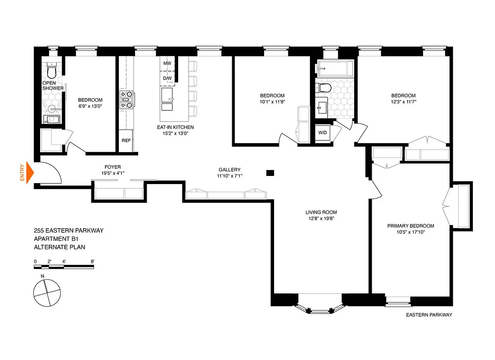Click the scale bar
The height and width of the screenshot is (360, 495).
click(x=64, y=267)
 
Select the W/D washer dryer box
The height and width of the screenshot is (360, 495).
click(x=323, y=133)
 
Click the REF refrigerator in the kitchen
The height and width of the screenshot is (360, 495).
click(x=126, y=140)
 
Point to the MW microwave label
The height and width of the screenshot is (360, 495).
click(x=167, y=64)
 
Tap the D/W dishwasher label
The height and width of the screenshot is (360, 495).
click(x=167, y=78)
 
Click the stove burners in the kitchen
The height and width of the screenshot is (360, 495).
click(x=126, y=100)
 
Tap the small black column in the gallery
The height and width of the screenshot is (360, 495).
click(x=270, y=172)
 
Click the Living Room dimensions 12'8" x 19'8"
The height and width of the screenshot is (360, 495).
click(x=321, y=219)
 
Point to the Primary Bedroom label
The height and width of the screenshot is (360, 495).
click(x=410, y=226)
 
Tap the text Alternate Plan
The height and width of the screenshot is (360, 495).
click(x=59, y=247)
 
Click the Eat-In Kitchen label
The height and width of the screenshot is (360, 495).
click(x=175, y=127)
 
